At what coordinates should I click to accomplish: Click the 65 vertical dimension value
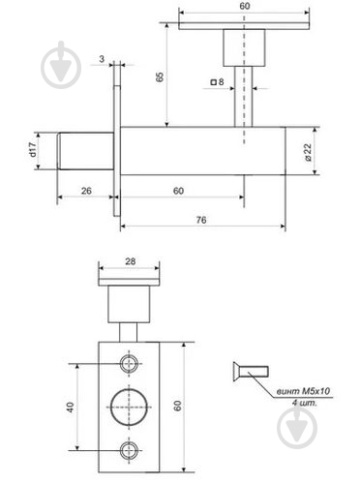[x=160, y=76]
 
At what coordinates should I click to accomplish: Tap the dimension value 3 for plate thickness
[x=102, y=59]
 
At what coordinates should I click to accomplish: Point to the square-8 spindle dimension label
[x=218, y=82]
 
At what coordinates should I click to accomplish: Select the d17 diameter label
[x=33, y=150]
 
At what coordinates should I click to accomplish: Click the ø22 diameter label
[x=308, y=152]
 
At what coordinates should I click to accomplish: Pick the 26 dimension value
[x=86, y=191]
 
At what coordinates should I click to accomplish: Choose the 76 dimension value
[x=201, y=220]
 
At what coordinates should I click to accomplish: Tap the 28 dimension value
[x=131, y=261]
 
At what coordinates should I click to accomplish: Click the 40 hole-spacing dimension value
[x=71, y=408]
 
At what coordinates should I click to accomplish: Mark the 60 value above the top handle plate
[x=245, y=6]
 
